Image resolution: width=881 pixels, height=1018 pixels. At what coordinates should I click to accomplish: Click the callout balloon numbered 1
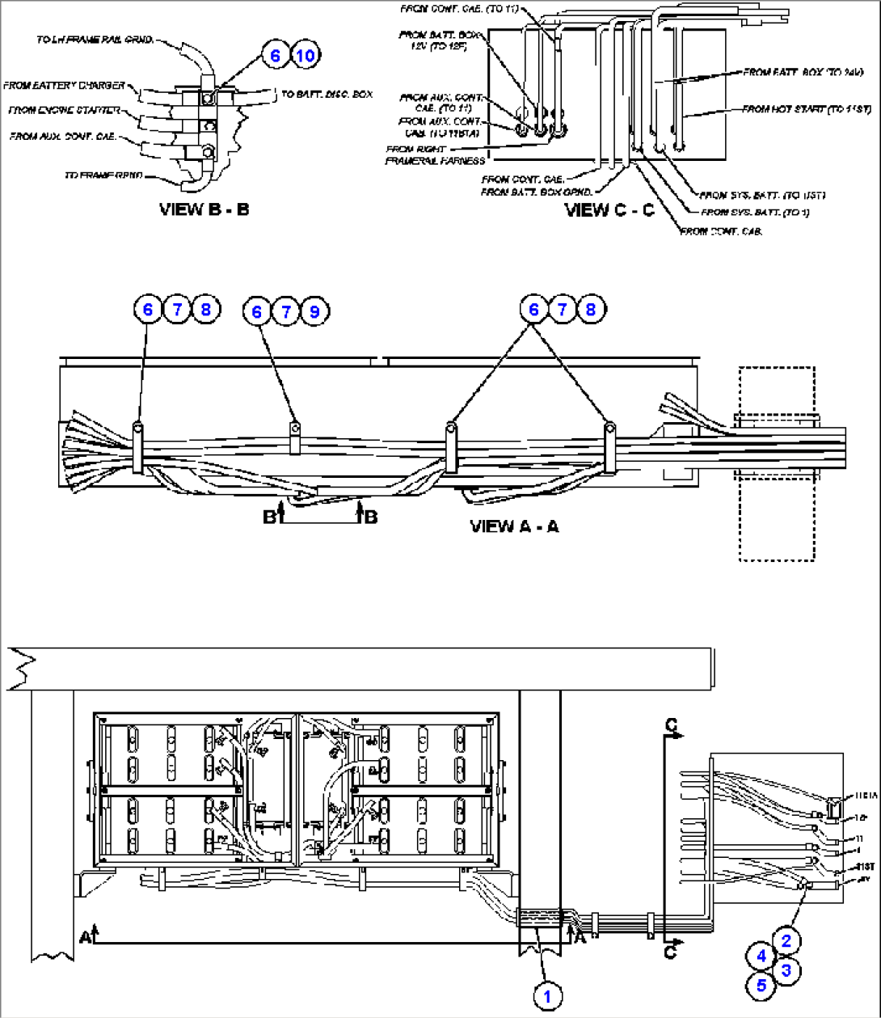547,996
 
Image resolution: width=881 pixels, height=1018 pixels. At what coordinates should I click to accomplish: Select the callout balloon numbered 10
304,55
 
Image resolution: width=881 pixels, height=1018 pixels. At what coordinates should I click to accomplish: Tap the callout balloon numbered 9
314,311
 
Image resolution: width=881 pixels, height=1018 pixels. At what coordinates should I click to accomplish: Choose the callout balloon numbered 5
761,986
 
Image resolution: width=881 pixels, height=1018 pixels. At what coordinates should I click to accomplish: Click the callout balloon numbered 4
761,955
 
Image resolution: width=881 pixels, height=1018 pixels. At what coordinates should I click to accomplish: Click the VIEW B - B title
204,209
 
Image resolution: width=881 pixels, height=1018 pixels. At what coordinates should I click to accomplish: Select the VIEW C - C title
609,210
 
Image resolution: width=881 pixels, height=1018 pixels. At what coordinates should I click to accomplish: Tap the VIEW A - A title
514,526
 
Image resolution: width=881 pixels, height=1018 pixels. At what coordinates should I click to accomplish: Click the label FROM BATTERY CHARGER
64,86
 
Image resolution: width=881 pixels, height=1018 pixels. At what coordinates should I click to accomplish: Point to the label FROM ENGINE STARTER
64,110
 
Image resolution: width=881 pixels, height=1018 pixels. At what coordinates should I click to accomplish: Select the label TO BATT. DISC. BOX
327,95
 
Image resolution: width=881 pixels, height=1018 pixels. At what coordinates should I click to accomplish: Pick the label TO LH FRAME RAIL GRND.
95,40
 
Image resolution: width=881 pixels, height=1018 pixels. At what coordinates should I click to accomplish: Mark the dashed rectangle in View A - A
776,463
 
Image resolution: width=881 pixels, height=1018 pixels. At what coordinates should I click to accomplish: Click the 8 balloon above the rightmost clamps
591,309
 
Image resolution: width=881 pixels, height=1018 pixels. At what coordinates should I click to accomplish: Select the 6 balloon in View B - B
276,55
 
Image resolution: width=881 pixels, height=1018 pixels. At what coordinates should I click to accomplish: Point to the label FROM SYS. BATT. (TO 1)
755,213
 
